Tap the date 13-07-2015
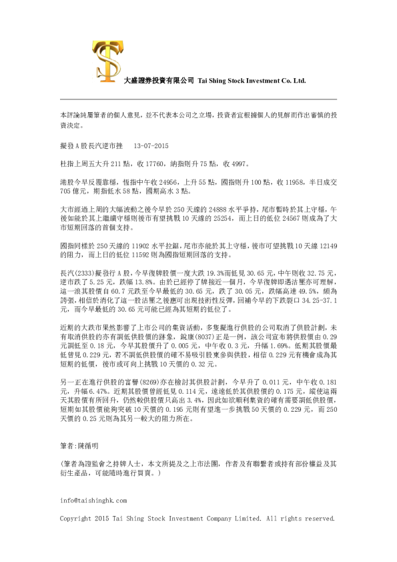point(151,146)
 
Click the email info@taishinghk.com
point(93,500)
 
